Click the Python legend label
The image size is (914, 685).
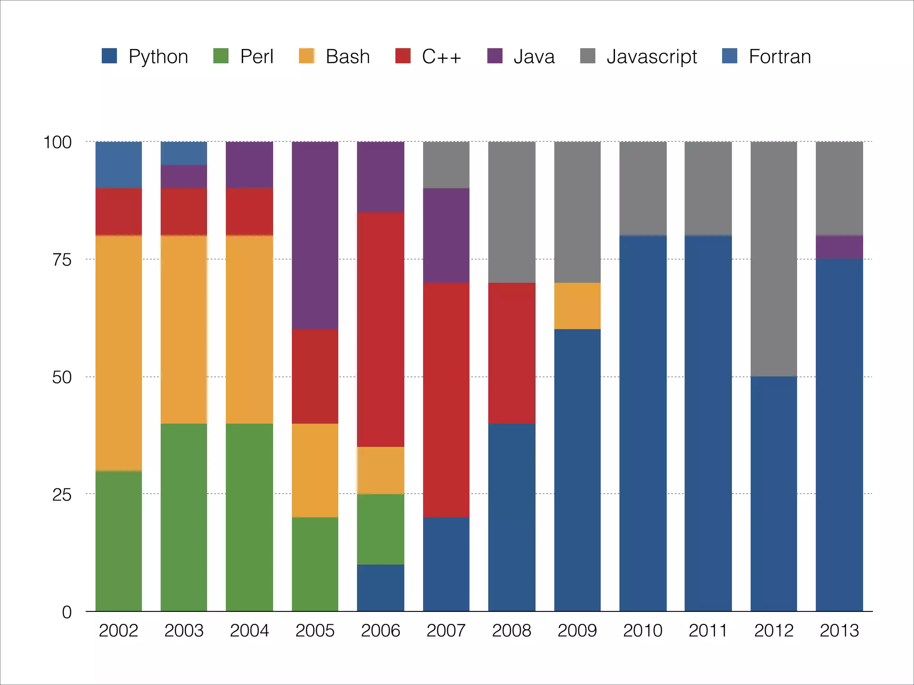click(x=158, y=57)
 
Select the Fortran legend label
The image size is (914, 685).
click(x=779, y=57)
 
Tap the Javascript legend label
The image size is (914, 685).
click(x=651, y=57)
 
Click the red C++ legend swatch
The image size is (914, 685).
click(x=403, y=56)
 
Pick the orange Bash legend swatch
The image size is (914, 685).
click(x=307, y=56)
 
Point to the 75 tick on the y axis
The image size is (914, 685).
click(x=62, y=260)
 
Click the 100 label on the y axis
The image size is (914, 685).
click(x=57, y=142)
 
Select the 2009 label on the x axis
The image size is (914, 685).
click(x=577, y=631)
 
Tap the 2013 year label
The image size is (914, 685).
click(x=839, y=631)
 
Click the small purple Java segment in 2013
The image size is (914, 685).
click(x=839, y=247)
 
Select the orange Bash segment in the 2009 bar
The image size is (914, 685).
click(x=577, y=306)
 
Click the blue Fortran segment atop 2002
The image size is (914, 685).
click(x=119, y=165)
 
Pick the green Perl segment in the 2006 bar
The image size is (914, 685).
click(x=380, y=529)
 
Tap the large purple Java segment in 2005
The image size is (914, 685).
click(x=315, y=235)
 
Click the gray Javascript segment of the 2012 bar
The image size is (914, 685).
click(x=773, y=259)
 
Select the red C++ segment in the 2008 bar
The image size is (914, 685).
click(x=511, y=353)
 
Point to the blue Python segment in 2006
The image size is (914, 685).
click(x=380, y=588)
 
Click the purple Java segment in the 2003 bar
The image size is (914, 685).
click(x=184, y=177)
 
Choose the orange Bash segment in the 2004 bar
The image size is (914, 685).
click(x=249, y=329)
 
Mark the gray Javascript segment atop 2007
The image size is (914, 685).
click(x=446, y=165)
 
